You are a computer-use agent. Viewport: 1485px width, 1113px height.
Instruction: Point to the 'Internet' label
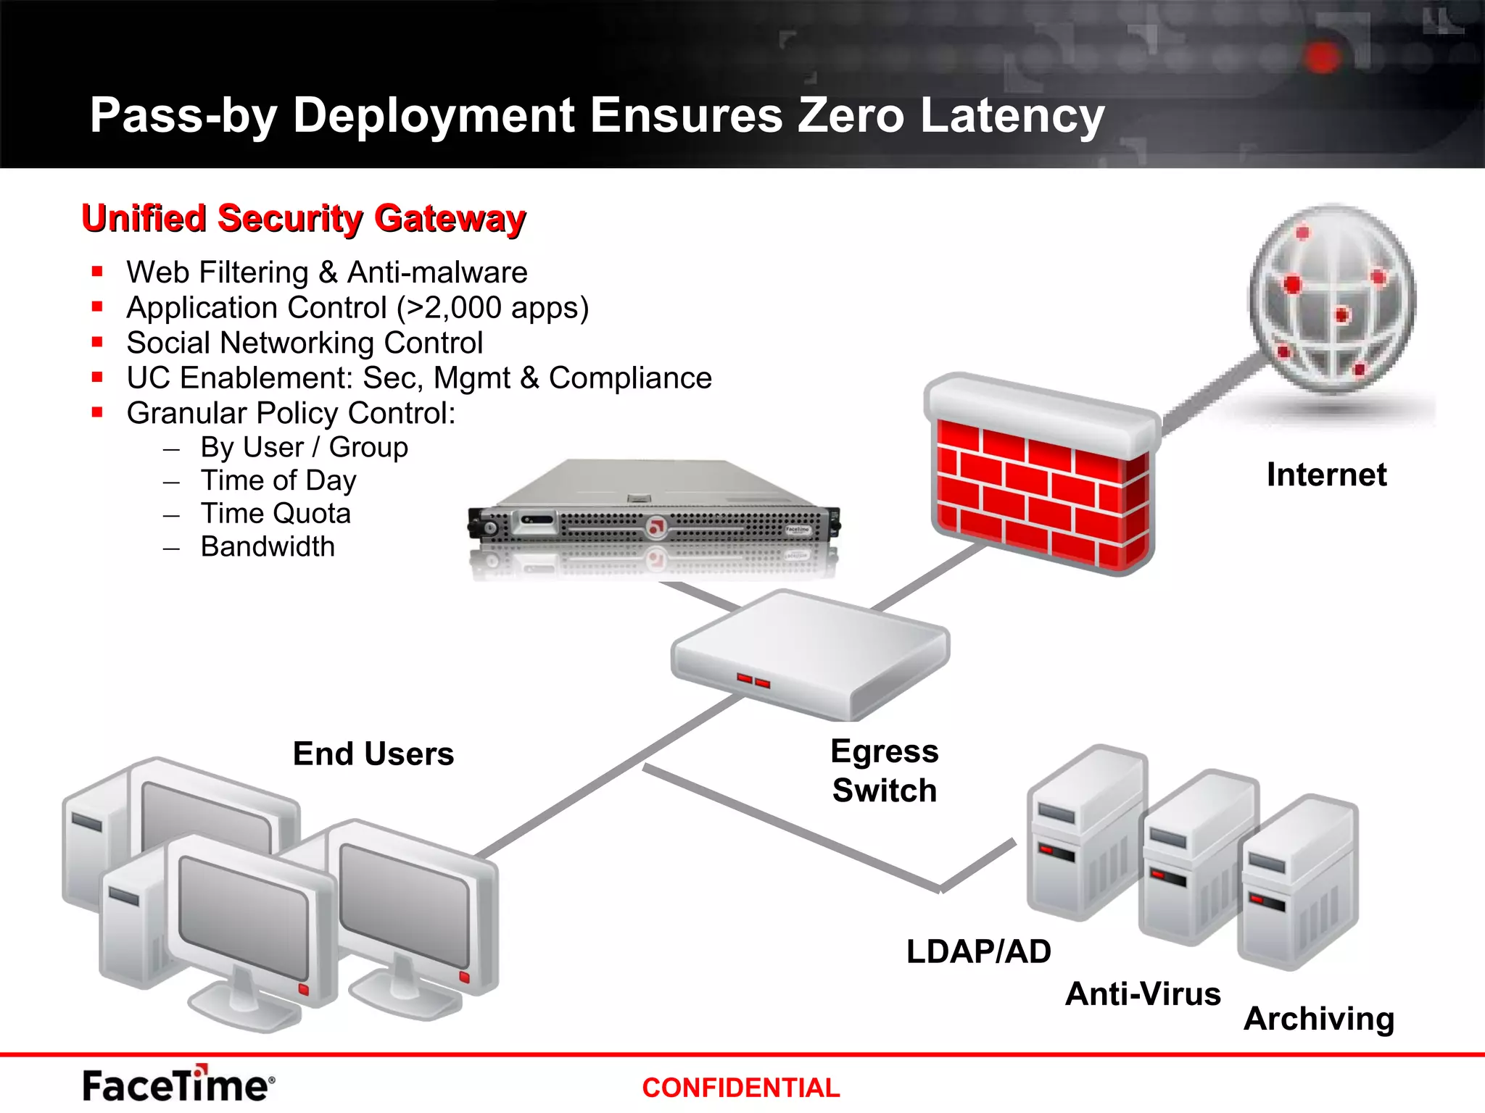[1326, 475]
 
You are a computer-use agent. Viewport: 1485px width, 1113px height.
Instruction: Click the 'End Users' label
[373, 754]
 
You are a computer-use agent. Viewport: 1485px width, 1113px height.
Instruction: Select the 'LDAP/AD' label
[978, 951]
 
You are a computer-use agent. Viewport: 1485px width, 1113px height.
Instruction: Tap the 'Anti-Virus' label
[1143, 993]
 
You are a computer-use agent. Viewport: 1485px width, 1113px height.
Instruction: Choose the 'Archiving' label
[1319, 1019]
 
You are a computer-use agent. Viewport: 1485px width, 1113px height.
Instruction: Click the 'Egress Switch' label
[885, 771]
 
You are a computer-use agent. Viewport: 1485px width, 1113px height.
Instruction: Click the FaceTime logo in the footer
[178, 1085]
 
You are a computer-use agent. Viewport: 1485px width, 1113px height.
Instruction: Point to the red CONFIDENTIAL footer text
[740, 1088]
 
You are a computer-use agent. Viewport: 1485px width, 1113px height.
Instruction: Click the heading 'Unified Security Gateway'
[303, 218]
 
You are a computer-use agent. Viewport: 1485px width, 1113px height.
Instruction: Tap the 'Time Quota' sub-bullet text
[276, 514]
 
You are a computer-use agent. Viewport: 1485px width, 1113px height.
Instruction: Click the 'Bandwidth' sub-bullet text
[268, 546]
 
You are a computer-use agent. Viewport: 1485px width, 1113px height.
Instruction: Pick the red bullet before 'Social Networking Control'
[97, 342]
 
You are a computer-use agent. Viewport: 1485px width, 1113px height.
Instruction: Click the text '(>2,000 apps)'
[492, 308]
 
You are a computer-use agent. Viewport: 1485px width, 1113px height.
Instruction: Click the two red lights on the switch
[753, 680]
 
